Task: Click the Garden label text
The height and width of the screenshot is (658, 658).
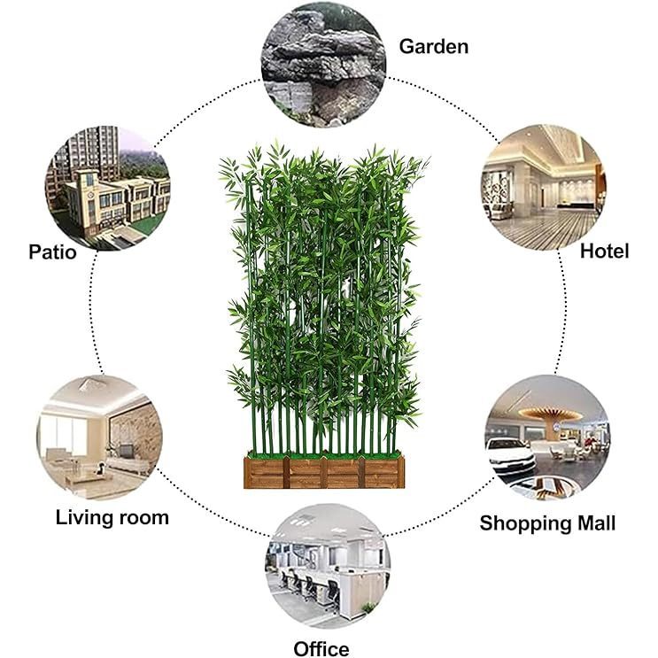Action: click(433, 46)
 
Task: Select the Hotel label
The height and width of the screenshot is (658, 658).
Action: click(604, 251)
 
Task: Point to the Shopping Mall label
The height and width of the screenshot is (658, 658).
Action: click(547, 523)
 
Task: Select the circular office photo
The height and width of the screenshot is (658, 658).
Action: click(327, 566)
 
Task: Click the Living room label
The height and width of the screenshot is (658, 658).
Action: click(112, 517)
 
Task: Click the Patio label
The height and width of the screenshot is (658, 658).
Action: click(52, 252)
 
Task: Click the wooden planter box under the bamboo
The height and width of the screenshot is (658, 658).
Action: click(323, 472)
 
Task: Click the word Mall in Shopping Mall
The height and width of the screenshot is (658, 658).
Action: click(593, 523)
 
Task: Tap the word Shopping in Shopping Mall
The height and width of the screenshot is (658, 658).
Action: click(523, 523)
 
